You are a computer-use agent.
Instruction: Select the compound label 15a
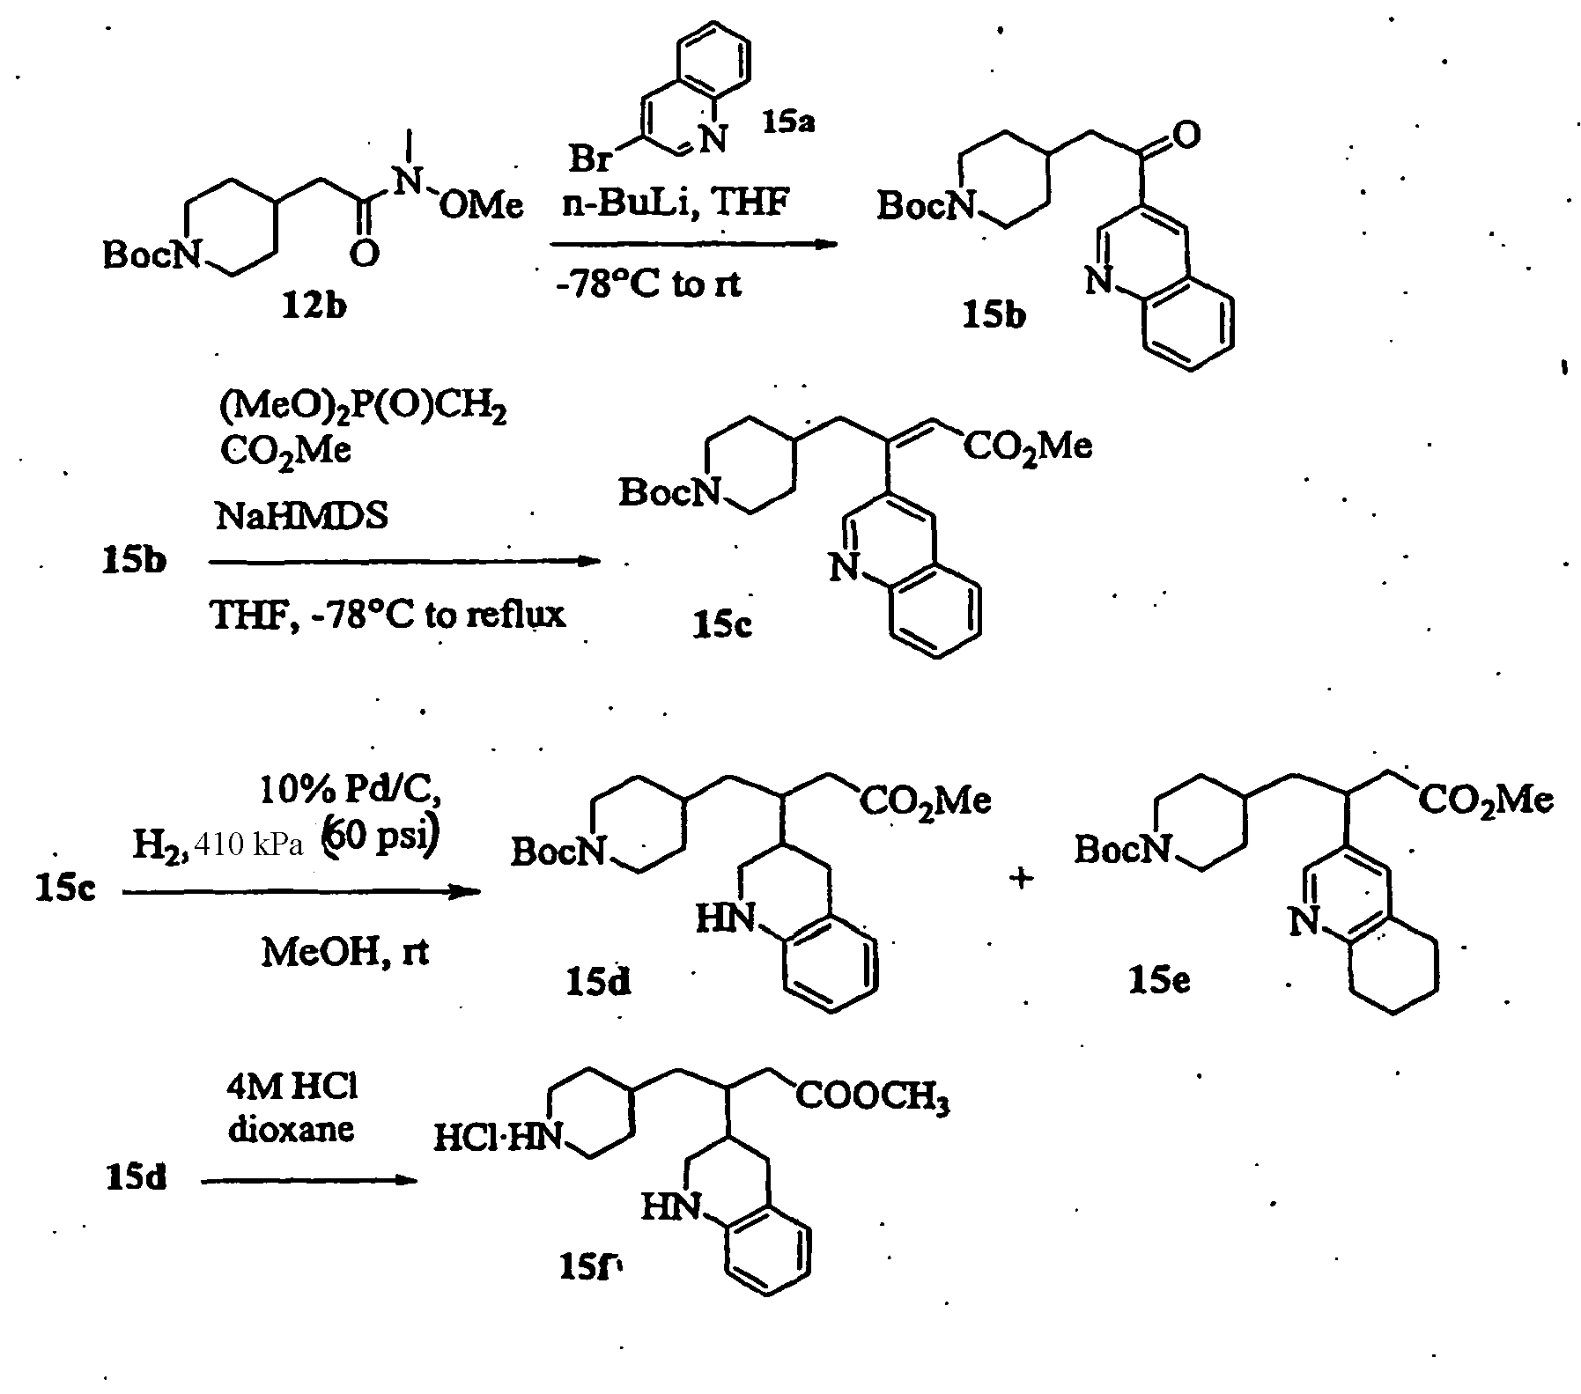pos(788,121)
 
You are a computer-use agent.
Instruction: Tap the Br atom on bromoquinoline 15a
pos(591,158)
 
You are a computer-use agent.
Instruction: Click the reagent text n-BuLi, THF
pos(676,203)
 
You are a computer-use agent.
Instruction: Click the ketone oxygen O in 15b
pos(1186,136)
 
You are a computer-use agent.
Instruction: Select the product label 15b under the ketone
pos(994,314)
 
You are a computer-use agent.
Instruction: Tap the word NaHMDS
pos(301,516)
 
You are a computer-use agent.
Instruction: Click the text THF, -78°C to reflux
pos(388,614)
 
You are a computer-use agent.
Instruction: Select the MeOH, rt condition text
pos(344,952)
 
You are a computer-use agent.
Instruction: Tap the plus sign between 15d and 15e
pos(1022,878)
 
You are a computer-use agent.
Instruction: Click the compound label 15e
pos(1160,978)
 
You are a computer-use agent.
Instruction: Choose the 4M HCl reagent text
pos(292,1088)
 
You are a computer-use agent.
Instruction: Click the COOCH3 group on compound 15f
pos(873,1098)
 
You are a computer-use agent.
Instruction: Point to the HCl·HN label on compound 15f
pos(498,1139)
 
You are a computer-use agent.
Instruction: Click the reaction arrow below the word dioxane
pos(308,1181)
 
